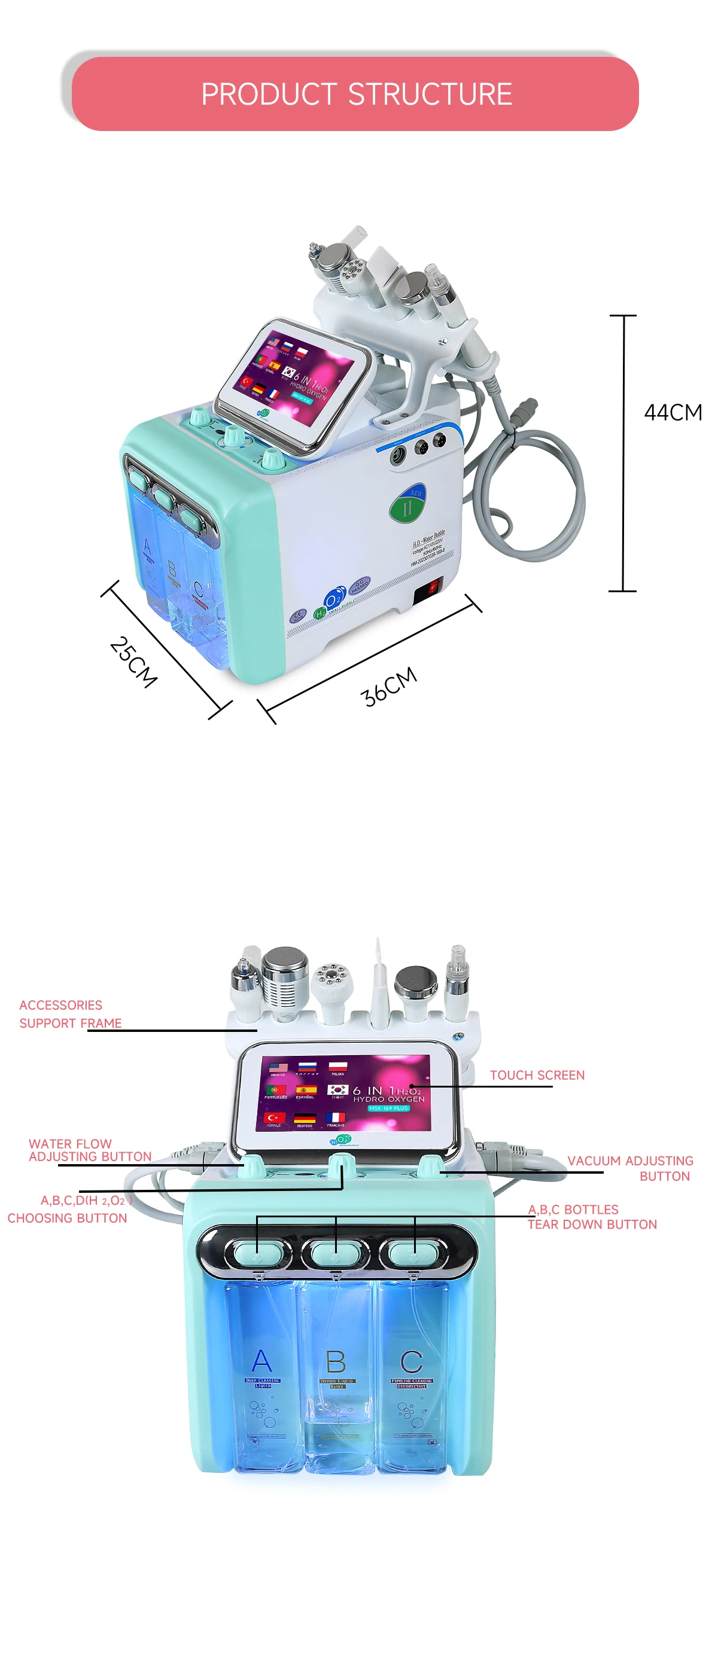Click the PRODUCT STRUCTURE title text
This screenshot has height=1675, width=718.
point(356,94)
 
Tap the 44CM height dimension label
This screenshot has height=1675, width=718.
point(673,412)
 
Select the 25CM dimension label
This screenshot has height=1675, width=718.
point(133,662)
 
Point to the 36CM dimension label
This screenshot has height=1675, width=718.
point(388,686)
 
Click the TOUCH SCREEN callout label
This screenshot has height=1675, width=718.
point(537,1075)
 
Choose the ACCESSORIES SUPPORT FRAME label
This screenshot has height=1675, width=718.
point(69,1014)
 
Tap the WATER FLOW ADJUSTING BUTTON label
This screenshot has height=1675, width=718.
point(89,1150)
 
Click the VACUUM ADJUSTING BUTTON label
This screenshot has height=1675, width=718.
point(629,1168)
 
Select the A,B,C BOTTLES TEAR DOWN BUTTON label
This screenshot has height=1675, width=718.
point(591,1217)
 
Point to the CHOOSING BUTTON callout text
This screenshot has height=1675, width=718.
point(67,1218)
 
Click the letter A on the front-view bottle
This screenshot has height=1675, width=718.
point(261,1360)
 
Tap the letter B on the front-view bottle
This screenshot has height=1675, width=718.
point(336,1362)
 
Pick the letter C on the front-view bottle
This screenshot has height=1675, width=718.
point(411,1362)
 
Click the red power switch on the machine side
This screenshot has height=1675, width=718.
point(430,589)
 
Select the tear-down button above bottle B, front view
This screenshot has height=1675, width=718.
point(336,1251)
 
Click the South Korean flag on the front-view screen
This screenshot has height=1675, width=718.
point(337,1089)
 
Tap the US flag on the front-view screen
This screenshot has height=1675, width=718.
point(278,1067)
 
